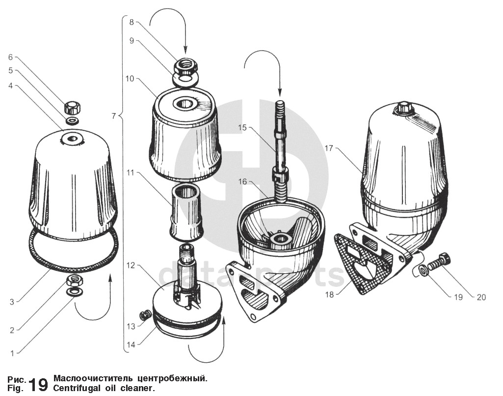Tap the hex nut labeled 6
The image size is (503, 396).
[72, 106]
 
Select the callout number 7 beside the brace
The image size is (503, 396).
[114, 116]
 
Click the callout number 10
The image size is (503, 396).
[130, 79]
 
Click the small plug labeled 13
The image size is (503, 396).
[145, 315]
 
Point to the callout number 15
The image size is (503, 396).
[242, 127]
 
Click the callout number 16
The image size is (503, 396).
[242, 182]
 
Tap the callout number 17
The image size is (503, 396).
[328, 147]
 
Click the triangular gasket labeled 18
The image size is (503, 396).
[356, 265]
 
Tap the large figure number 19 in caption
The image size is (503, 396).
[39, 384]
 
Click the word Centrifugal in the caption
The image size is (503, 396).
[78, 388]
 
